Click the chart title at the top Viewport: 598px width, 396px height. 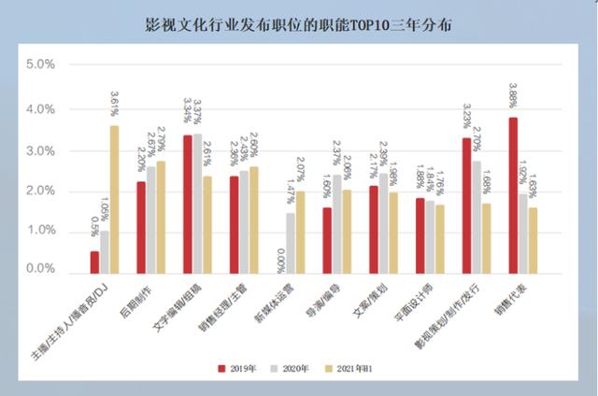[x=298, y=25]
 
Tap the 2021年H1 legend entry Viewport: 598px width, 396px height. [x=362, y=368]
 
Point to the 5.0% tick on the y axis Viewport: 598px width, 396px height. [x=41, y=64]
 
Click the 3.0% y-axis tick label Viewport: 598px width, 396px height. [x=41, y=150]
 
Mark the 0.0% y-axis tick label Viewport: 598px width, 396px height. [x=41, y=270]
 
